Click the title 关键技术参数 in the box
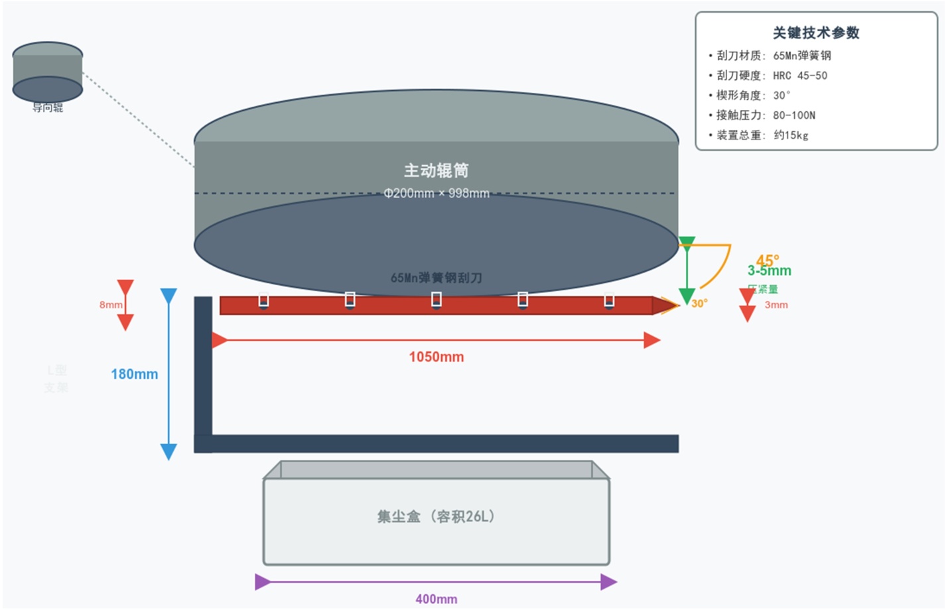pos(815,33)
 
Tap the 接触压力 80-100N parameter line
pos(766,115)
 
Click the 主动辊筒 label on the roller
pos(436,171)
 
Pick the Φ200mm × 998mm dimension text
pos(436,193)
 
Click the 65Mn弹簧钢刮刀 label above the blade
pos(436,278)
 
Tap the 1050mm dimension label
pos(436,357)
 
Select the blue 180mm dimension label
pos(134,374)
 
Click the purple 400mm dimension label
pos(436,599)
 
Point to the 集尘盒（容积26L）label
pos(436,517)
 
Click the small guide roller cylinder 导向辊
pos(48,72)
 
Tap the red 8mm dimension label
pos(111,305)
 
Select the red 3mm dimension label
pos(776,305)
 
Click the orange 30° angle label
pos(699,303)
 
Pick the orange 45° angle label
pos(768,261)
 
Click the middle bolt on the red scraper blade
pos(436,300)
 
